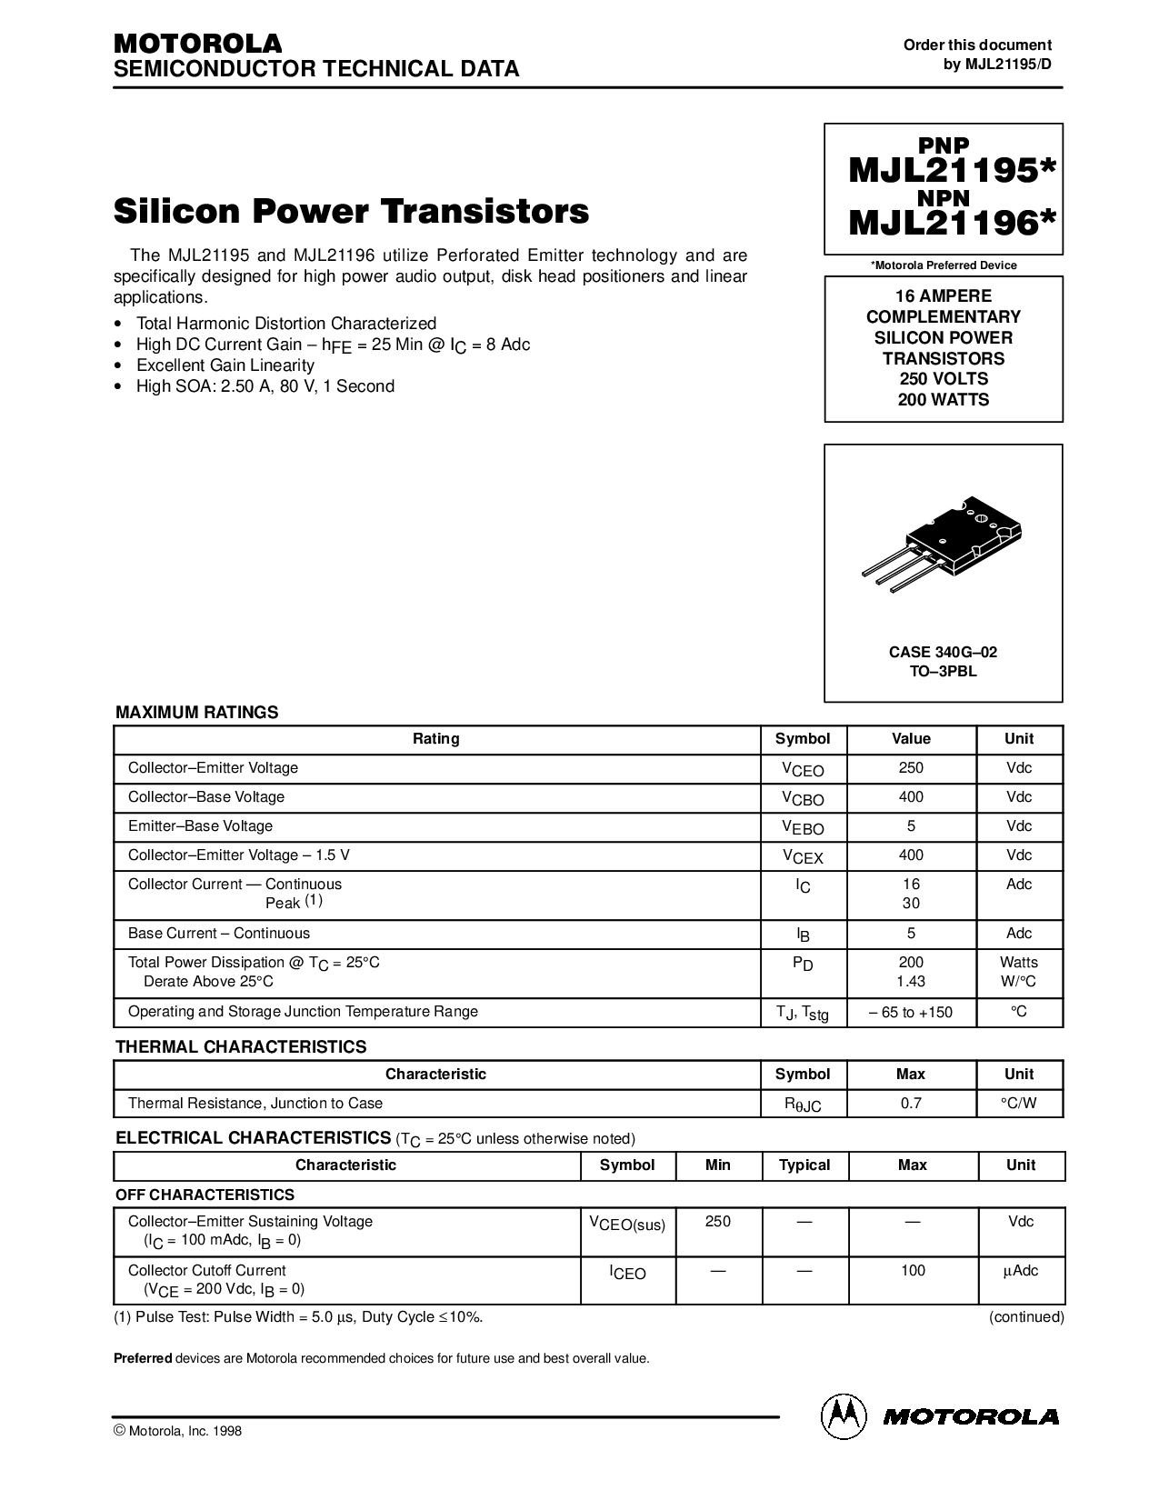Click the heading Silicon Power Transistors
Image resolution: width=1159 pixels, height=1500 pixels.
point(351,212)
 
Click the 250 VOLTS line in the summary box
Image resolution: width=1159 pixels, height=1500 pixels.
point(943,378)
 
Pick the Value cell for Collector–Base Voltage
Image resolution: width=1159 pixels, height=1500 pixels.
point(911,797)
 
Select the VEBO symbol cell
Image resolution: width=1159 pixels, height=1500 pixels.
point(803,828)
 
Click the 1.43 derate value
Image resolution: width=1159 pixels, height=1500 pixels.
point(911,982)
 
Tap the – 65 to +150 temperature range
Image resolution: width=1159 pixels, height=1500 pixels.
point(911,1012)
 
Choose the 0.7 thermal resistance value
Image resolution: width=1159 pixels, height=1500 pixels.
point(911,1103)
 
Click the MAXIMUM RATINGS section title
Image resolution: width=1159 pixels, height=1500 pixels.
point(197,713)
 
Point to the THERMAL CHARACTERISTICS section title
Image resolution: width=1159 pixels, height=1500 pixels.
point(241,1046)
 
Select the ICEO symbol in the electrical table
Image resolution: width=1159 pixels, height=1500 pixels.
point(627,1273)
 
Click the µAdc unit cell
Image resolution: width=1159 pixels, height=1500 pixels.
point(1021,1271)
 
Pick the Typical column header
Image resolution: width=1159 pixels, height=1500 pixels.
point(804,1165)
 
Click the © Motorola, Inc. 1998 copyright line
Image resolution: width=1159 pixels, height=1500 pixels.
point(177,1431)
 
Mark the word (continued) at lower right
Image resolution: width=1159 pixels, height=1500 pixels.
point(1026,1316)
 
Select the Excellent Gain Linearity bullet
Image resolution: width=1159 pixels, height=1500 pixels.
point(225,365)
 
